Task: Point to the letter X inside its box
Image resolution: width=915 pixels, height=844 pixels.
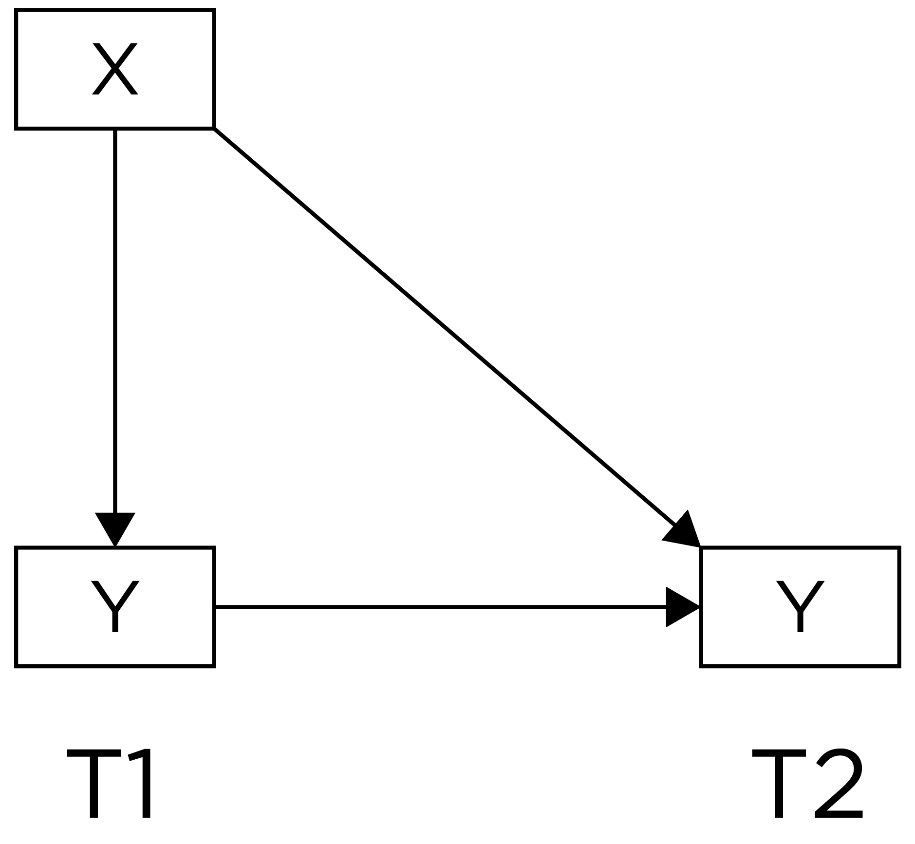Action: click(x=115, y=69)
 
